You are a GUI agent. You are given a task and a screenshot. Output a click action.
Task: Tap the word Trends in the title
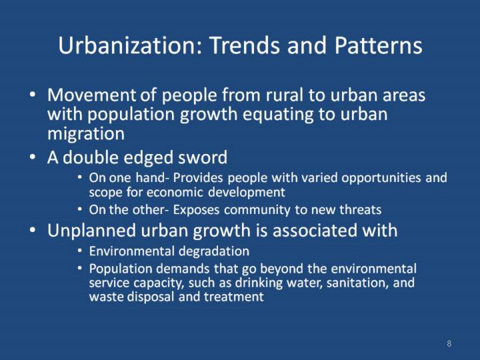(x=245, y=45)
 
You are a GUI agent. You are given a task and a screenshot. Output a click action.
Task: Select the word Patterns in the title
(x=378, y=45)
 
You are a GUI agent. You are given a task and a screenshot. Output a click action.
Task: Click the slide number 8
(x=449, y=343)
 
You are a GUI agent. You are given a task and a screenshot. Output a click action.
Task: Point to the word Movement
(x=91, y=95)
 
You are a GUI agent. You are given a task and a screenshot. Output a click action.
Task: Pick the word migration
(x=86, y=134)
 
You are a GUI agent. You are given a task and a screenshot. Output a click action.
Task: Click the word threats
(x=360, y=210)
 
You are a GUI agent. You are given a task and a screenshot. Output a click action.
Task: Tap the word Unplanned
(x=91, y=231)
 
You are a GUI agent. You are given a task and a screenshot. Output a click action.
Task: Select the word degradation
(x=214, y=251)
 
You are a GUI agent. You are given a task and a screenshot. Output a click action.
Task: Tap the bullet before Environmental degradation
(x=80, y=251)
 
